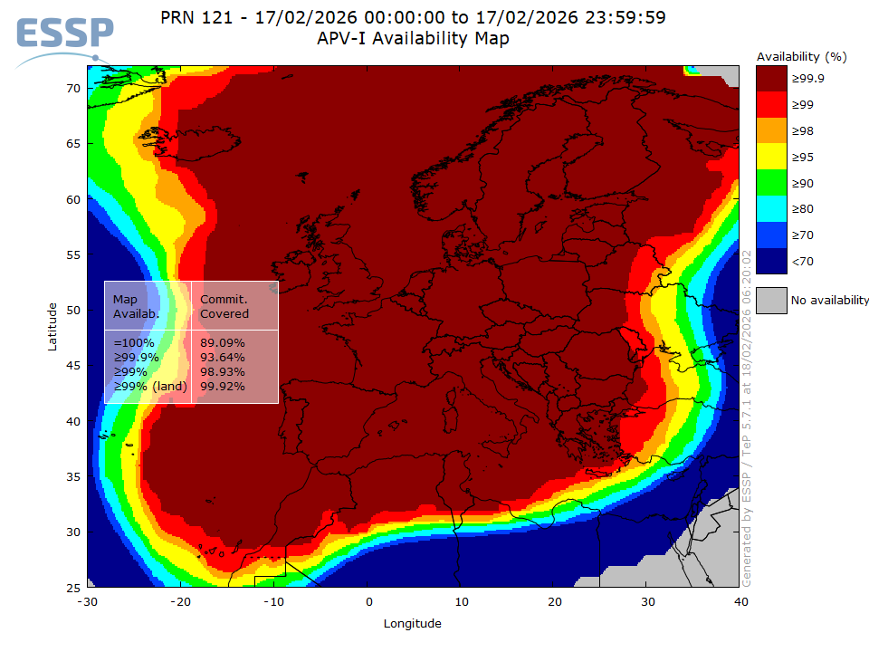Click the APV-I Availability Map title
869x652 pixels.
[413, 39]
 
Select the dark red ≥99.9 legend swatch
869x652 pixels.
[771, 79]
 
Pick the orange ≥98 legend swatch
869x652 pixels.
[771, 131]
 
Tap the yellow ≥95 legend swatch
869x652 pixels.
[771, 158]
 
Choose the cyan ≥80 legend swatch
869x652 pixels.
[771, 209]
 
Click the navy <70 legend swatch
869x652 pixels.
[771, 261]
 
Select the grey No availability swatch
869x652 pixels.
[771, 300]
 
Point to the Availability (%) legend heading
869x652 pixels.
[801, 56]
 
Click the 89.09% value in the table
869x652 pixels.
[222, 343]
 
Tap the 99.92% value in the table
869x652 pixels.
[222, 387]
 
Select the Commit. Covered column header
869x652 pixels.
[224, 306]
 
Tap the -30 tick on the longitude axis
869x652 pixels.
[87, 601]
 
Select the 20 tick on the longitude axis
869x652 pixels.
[554, 601]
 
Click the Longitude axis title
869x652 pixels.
[413, 623]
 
